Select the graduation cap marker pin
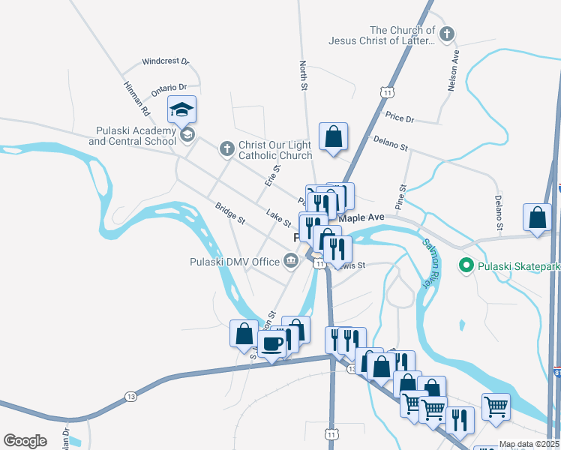[x=181, y=111]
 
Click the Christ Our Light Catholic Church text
[x=274, y=151]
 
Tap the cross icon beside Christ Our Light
[x=226, y=148]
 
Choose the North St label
[x=304, y=76]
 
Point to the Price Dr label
[x=399, y=118]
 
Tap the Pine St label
[x=401, y=197]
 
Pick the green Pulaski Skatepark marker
[x=465, y=265]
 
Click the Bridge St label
[x=230, y=213]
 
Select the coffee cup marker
[x=271, y=343]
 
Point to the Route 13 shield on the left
[x=131, y=397]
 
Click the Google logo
[x=25, y=441]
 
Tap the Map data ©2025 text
[x=529, y=444]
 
